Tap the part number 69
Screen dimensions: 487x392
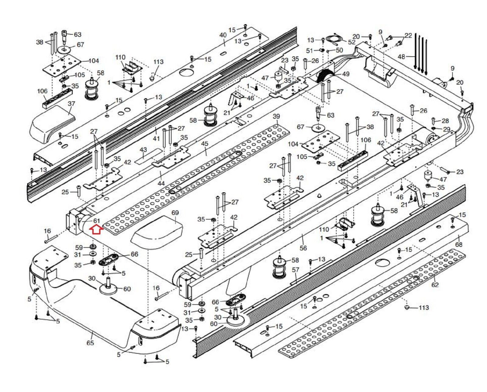(x=175, y=213)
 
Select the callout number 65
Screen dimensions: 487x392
(x=90, y=343)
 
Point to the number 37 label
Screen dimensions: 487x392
(x=71, y=104)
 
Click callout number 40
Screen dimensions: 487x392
(x=223, y=35)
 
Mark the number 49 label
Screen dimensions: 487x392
(x=345, y=74)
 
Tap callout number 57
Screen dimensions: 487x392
(x=296, y=270)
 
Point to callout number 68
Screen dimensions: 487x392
(x=459, y=244)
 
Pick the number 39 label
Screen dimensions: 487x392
(x=276, y=117)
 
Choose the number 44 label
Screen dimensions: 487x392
(x=161, y=183)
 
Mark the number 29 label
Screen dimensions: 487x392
(x=447, y=130)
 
